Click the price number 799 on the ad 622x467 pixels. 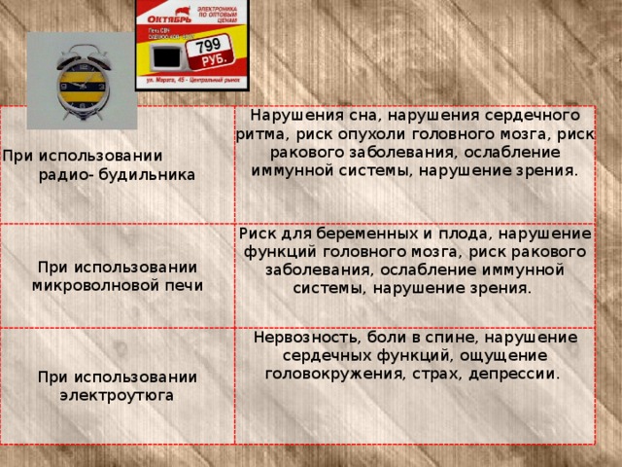point(208,47)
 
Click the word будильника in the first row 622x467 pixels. point(146,175)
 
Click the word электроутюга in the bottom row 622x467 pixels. point(117,395)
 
